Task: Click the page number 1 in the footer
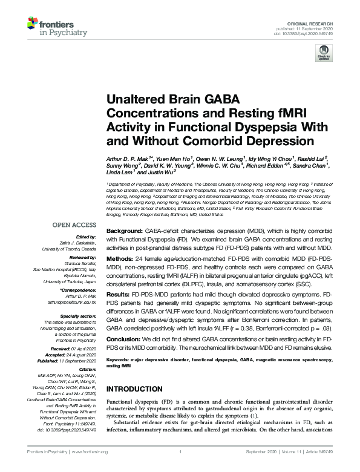180,452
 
